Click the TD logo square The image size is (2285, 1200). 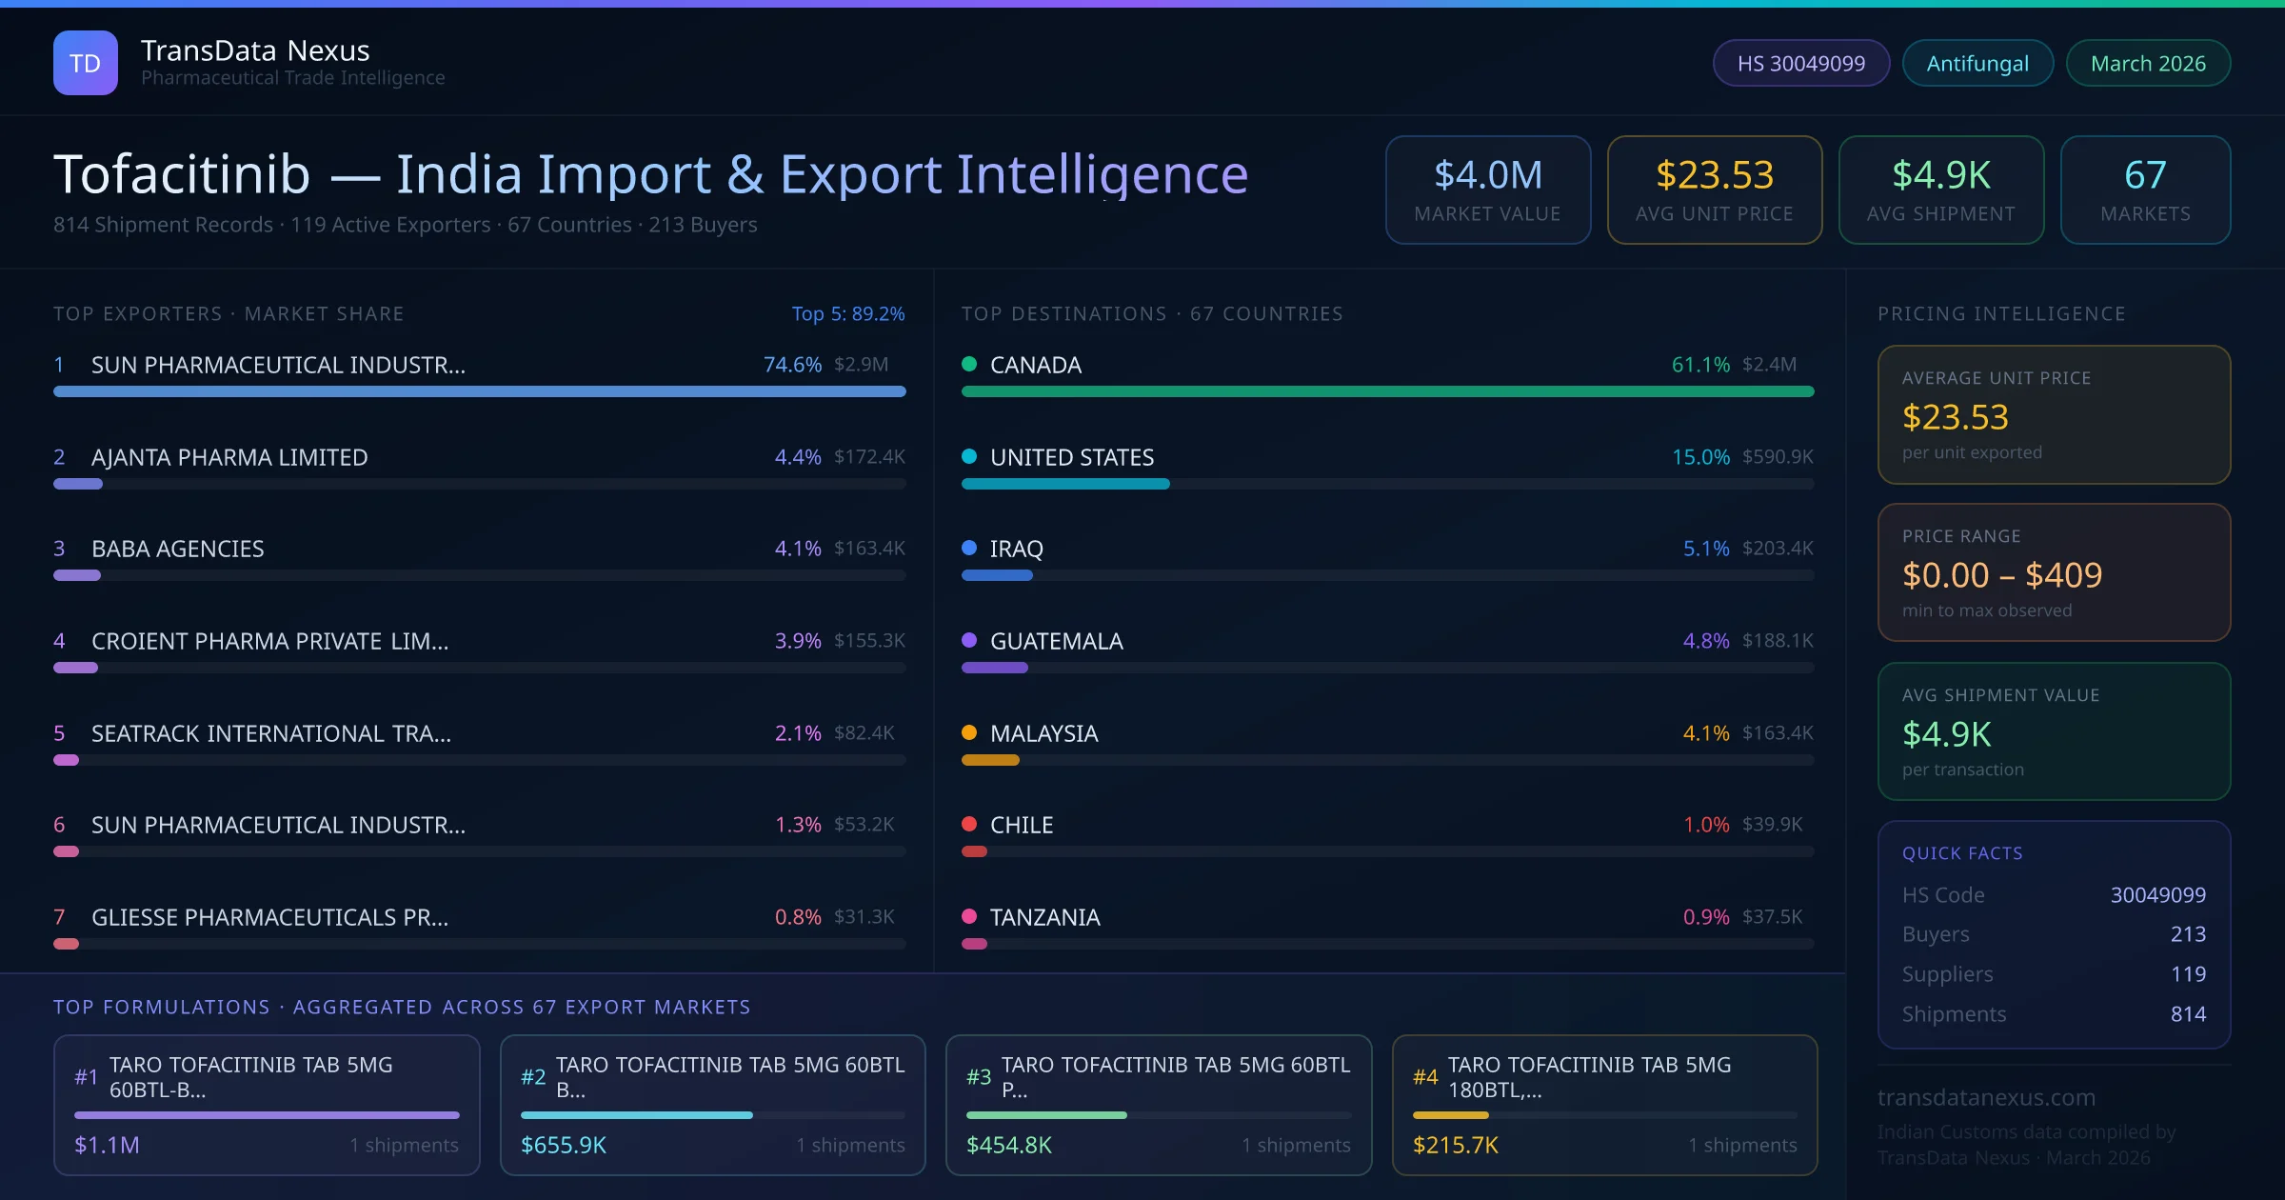click(85, 63)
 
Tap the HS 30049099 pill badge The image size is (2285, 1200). click(1800, 64)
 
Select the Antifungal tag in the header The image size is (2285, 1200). click(1977, 64)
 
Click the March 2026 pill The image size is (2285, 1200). click(2148, 64)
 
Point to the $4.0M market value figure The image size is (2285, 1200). click(1487, 175)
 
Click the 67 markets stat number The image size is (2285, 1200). click(2145, 175)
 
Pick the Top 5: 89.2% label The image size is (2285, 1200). click(847, 313)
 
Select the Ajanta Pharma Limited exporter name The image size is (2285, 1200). click(229, 457)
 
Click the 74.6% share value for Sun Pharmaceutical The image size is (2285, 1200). click(791, 365)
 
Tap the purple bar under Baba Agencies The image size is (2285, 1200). click(77, 575)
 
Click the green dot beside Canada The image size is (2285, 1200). click(969, 364)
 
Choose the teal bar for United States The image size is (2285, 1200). click(1064, 484)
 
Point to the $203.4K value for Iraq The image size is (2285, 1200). click(1777, 549)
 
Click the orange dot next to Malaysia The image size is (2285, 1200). click(969, 732)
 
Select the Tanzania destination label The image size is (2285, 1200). click(1044, 917)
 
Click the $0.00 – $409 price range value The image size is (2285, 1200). click(2001, 575)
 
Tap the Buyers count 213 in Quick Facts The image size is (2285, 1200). click(2187, 934)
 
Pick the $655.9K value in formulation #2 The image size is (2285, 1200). click(563, 1145)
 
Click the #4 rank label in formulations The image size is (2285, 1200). click(1424, 1077)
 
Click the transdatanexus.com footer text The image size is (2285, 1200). click(1986, 1097)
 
